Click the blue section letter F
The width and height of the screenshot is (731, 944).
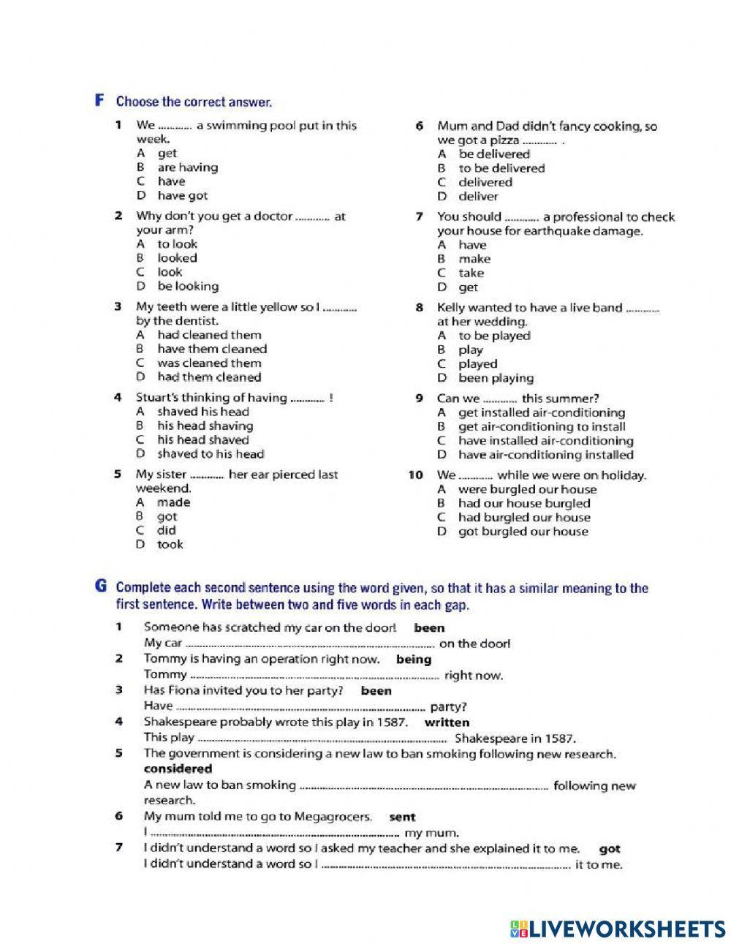(x=100, y=101)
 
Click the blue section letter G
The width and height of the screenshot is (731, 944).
(x=101, y=587)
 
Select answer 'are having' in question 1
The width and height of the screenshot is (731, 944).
(x=187, y=167)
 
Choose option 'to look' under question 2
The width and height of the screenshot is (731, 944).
(x=177, y=244)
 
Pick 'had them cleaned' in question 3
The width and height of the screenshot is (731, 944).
(x=208, y=377)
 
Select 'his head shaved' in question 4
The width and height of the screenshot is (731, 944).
(x=202, y=440)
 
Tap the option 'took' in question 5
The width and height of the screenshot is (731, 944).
(x=170, y=545)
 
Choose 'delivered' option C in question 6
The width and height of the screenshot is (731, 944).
(x=485, y=182)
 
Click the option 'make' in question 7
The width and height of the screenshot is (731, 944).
(x=474, y=259)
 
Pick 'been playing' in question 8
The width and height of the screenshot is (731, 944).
(x=496, y=378)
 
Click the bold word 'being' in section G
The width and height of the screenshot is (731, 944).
(x=414, y=660)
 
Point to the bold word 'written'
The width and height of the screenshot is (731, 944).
(x=447, y=722)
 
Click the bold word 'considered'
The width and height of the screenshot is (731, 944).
(x=178, y=769)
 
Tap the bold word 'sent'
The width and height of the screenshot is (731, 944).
(x=402, y=817)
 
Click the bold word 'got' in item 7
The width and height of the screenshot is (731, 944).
(x=609, y=850)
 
